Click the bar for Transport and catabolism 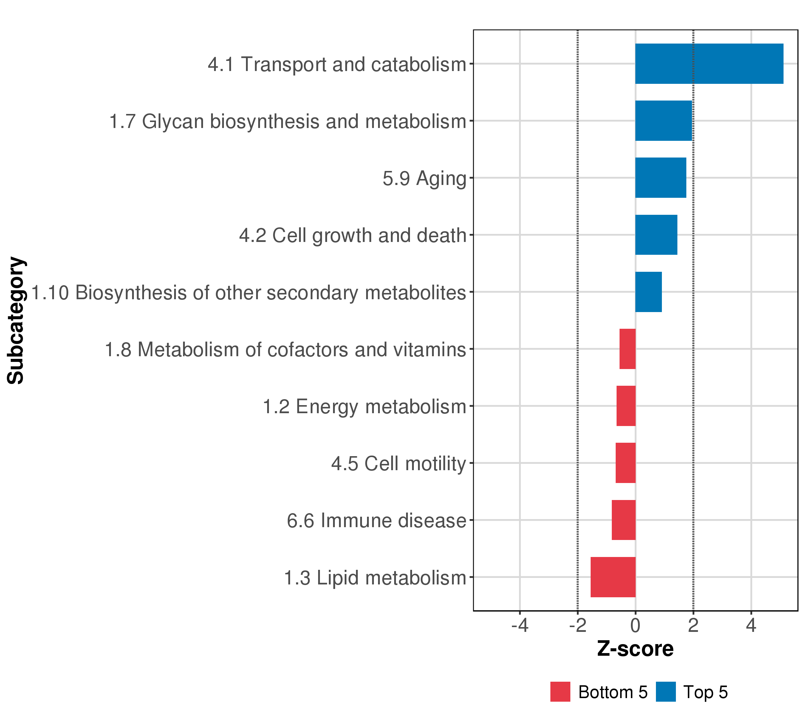709,64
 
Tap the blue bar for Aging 660,178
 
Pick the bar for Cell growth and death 656,235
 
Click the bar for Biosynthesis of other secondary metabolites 648,292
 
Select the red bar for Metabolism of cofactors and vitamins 627,349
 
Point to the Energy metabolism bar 626,406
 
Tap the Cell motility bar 626,463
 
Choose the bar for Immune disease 623,520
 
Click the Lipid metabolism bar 613,577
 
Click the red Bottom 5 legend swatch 560,692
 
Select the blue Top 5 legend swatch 665,692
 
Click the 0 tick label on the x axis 635,626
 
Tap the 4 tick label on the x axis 751,626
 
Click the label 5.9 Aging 424,178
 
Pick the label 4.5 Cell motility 398,464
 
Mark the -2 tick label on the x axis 577,626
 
